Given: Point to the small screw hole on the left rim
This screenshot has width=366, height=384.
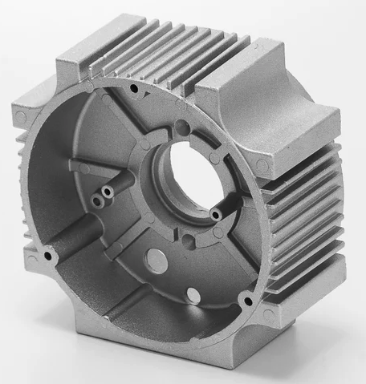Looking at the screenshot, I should [x=49, y=256].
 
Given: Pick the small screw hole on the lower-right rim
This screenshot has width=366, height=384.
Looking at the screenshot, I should [x=247, y=301].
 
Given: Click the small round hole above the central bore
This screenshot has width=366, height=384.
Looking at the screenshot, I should [x=184, y=124].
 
